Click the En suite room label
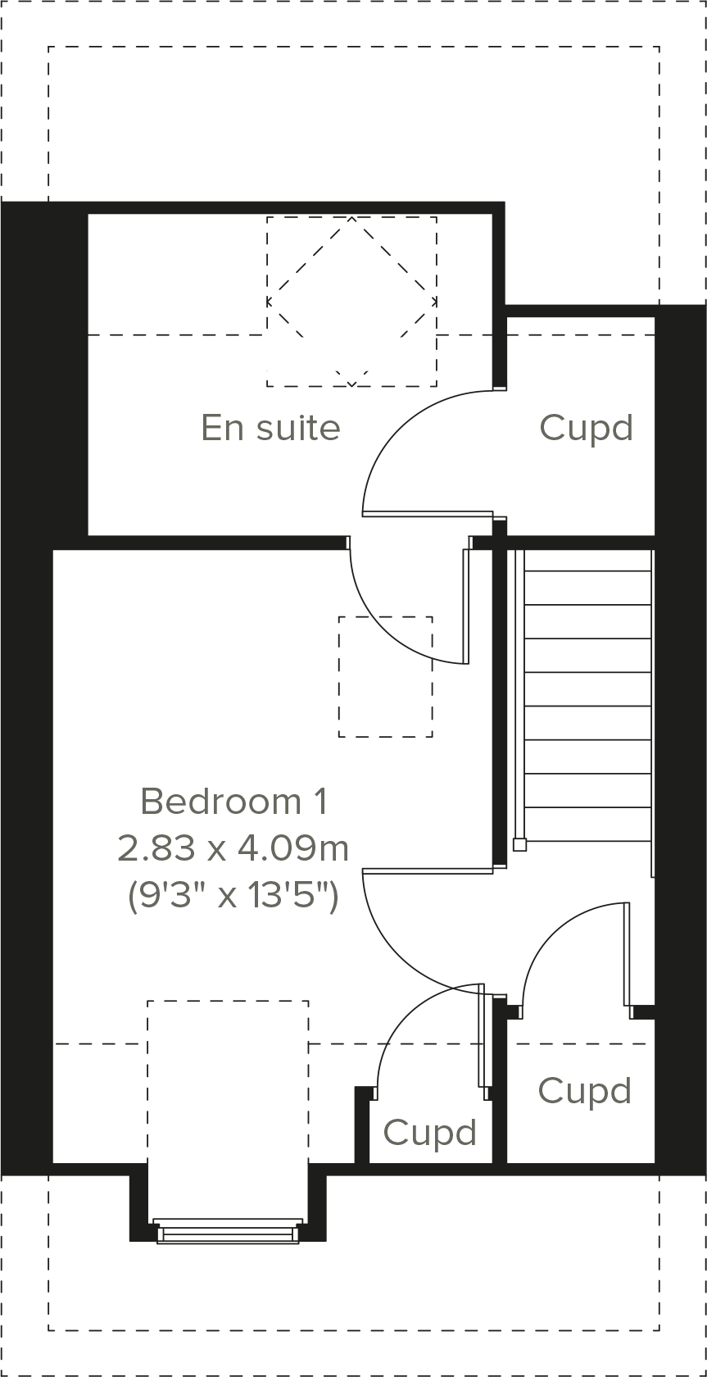pos(270,428)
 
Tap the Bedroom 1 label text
pos(234,801)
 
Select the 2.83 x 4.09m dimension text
pos(233,848)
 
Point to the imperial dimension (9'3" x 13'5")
pos(233,896)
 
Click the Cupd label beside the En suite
pos(587,428)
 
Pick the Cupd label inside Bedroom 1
pos(429,1133)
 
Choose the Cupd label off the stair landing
pos(585,1091)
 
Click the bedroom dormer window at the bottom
pos(228,1231)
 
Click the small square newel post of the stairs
pos(519,844)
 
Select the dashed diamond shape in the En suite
pos(351,301)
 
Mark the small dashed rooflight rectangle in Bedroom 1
pos(385,676)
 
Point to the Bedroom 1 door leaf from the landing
pos(428,871)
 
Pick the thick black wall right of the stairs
pos(680,738)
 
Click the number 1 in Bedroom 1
pos(320,801)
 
